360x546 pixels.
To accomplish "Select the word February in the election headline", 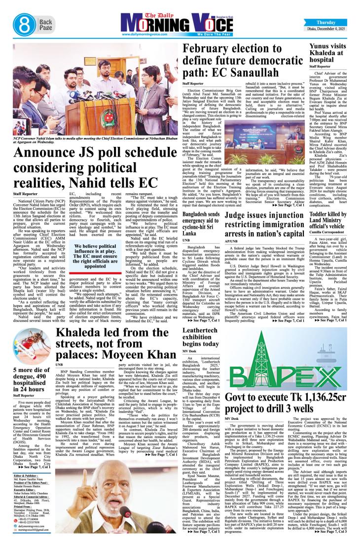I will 208,51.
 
